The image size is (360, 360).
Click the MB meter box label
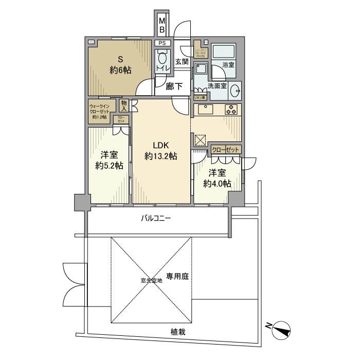161,25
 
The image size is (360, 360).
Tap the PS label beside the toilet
161,43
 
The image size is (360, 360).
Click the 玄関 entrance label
182,62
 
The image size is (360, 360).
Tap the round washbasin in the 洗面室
236,91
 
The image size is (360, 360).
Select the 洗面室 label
218,86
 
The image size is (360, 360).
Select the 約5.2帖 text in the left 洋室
109,166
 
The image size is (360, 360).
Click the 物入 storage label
124,105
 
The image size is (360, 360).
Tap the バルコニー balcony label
156,219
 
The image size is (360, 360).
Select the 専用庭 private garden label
177,276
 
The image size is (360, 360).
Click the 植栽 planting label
178,332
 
